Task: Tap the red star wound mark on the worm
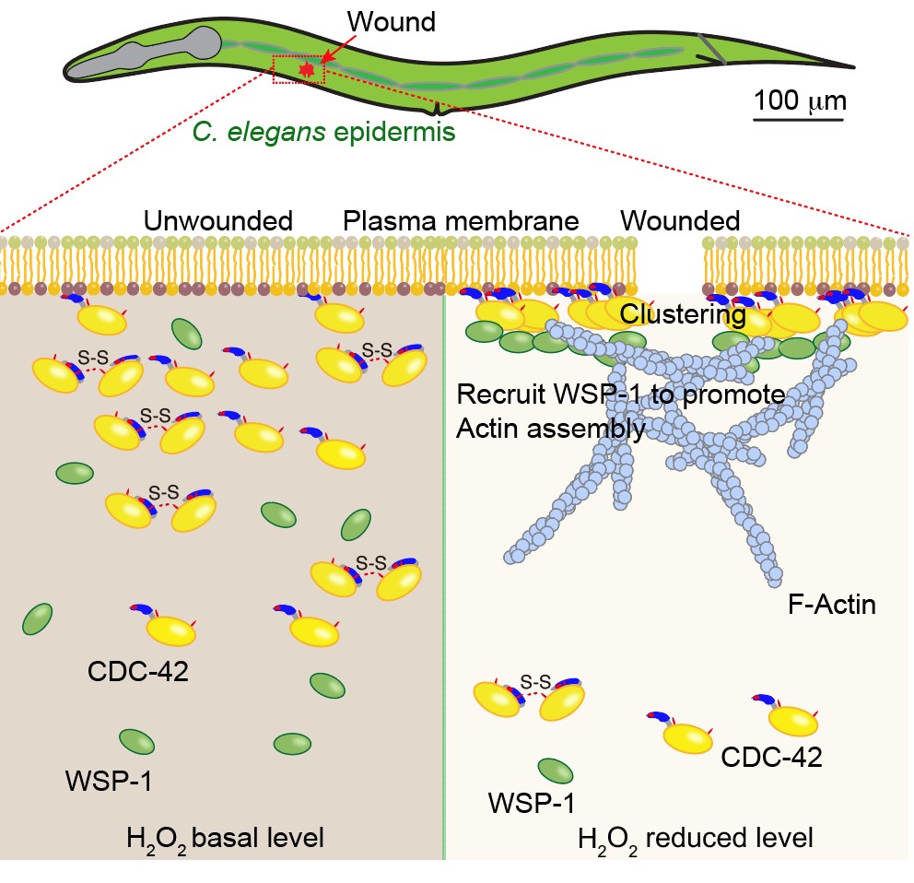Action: pos(308,68)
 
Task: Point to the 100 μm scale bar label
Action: pos(798,99)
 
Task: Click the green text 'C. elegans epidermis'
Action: pos(323,132)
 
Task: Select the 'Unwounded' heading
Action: pos(218,221)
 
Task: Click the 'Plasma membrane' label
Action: pos(461,221)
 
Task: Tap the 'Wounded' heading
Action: pos(680,221)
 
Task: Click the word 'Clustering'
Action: pos(683,314)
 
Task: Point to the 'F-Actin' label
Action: pos(832,606)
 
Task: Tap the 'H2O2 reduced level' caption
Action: pos(696,840)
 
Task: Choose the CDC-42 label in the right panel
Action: pos(771,758)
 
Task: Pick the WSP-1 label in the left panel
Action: pos(109,783)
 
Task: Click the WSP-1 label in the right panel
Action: pos(531,805)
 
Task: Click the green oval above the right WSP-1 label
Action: pos(556,771)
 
